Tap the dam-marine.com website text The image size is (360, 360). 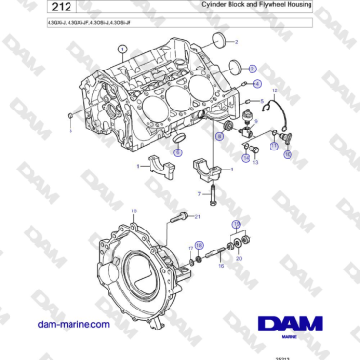pyautogui.click(x=72, y=324)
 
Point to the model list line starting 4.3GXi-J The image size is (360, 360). pyautogui.click(x=89, y=22)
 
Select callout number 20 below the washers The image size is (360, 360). pyautogui.click(x=239, y=258)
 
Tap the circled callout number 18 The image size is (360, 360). pyautogui.click(x=198, y=245)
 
